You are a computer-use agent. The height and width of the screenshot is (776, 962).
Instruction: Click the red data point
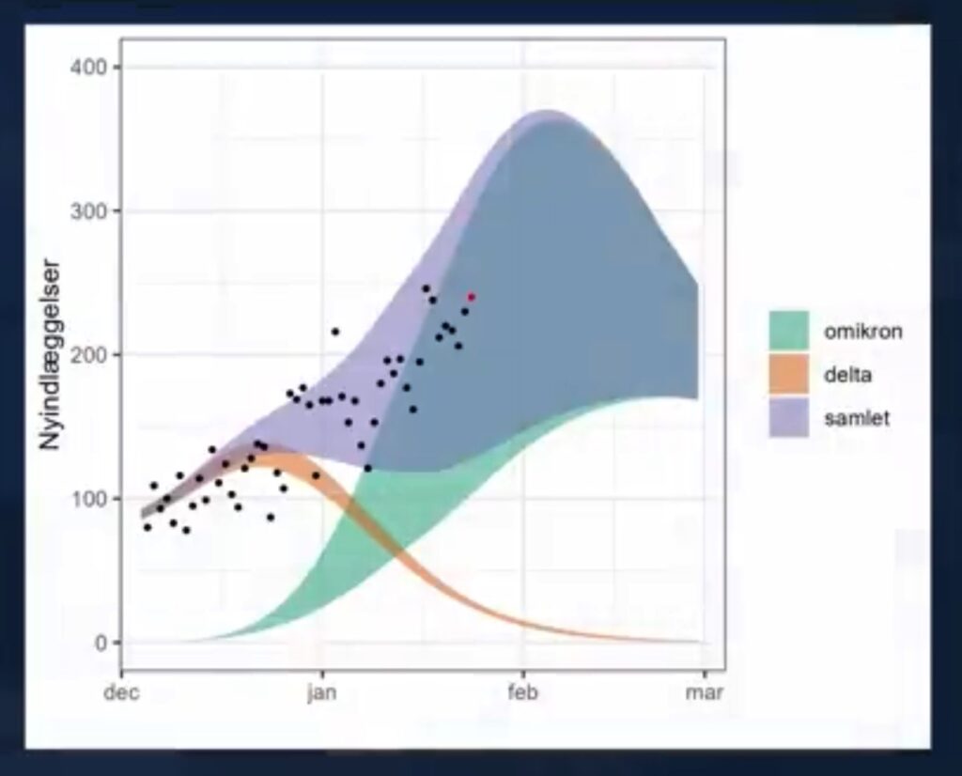pos(472,298)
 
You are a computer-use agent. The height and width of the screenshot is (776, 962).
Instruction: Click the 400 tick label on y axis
pos(88,67)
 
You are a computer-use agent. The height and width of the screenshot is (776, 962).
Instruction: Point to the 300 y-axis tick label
pos(88,211)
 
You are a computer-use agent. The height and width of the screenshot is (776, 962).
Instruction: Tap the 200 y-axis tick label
pos(88,355)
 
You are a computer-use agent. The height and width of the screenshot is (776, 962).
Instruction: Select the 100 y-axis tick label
pos(89,499)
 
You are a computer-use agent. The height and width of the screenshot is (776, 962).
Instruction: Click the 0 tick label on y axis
pos(101,643)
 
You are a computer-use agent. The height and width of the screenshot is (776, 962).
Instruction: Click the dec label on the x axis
pos(122,692)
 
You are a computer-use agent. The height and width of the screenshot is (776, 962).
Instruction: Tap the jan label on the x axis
pos(322,692)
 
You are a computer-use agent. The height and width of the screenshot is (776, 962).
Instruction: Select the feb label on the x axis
pos(523,692)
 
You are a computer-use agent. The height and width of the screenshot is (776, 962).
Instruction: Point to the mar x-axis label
pos(705,692)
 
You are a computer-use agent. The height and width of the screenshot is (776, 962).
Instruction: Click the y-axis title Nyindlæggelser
pos(50,355)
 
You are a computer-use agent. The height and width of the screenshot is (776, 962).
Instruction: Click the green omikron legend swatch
pos(789,331)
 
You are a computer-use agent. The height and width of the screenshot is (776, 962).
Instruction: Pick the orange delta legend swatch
pos(789,374)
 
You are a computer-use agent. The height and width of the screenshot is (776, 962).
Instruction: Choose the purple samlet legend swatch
pos(789,417)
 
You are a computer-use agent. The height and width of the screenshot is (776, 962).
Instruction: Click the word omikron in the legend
pos(863,332)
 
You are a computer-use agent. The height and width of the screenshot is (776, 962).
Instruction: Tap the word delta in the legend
pos(848,374)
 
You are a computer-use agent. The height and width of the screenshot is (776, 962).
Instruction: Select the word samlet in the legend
pos(857,418)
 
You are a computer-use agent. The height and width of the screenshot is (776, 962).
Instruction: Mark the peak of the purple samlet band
pos(548,112)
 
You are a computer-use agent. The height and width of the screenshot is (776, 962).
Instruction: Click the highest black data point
pos(427,288)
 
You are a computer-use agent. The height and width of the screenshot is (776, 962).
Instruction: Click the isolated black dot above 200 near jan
pos(335,332)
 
